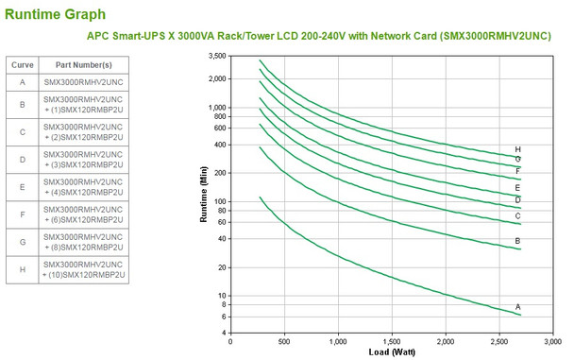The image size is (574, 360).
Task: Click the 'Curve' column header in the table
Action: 22,64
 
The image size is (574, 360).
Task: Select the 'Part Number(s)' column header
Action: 83,64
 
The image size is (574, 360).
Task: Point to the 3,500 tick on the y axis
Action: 217,57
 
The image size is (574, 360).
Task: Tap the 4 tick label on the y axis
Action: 224,332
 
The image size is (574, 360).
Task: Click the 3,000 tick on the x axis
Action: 556,341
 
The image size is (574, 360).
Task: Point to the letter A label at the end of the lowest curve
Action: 518,307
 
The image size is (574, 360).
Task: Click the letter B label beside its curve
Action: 518,241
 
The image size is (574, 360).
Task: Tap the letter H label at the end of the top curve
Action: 518,149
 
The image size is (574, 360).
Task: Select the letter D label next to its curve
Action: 518,199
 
